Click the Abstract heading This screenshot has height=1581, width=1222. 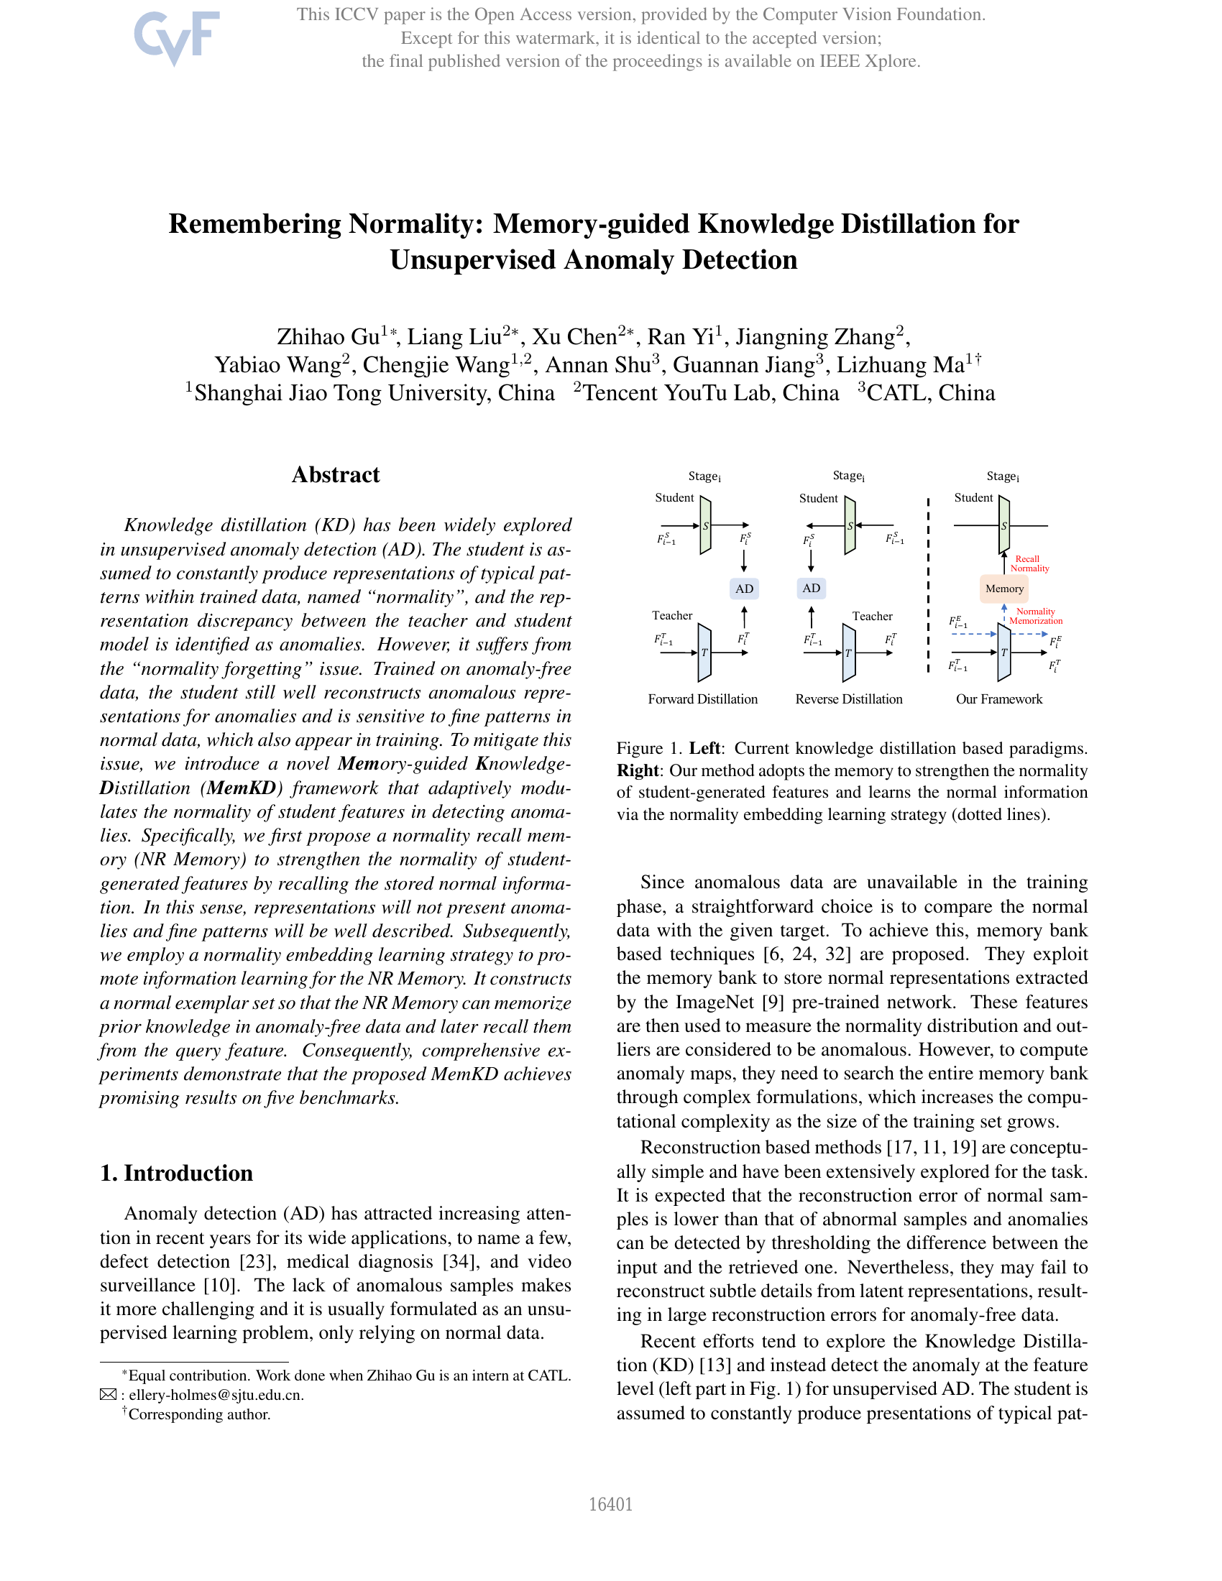pos(335,475)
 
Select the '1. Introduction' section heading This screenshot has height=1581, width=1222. pos(177,1174)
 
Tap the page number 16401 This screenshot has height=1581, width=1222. pos(610,1504)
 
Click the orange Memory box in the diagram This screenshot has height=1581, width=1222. pos(1004,589)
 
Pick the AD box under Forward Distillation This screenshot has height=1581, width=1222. pos(744,589)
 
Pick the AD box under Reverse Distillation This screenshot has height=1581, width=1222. pos(812,588)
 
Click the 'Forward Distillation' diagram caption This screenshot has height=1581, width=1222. pos(702,699)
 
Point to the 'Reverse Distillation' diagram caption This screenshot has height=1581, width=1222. pos(848,699)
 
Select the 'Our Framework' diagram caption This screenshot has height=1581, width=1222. pos(999,699)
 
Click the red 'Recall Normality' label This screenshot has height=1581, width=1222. pos(1029,563)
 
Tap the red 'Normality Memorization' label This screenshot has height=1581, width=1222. pos(1035,616)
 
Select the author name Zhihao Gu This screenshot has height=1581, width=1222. pos(328,337)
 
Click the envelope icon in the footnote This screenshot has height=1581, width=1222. pos(108,1395)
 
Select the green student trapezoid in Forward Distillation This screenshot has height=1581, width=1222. pos(705,525)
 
